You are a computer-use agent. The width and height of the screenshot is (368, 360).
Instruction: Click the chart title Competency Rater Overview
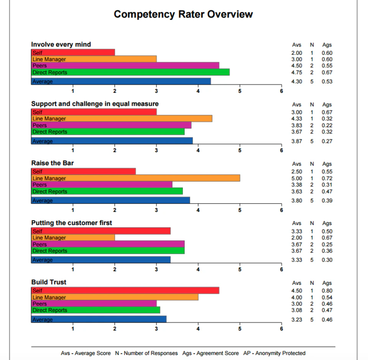pos(183,14)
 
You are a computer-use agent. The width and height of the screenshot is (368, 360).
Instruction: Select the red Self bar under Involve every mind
pos(73,53)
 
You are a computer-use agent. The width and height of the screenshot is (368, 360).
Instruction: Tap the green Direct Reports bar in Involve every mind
pos(130,72)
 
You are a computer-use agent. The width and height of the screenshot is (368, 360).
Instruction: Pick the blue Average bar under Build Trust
pos(99,319)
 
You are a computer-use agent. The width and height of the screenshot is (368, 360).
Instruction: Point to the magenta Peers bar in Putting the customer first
pos(108,244)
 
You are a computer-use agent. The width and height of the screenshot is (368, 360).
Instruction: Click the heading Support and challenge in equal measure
pos(95,104)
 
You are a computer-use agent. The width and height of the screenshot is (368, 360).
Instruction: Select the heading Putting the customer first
pos(72,223)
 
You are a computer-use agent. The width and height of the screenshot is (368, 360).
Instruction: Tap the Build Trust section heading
pos(49,282)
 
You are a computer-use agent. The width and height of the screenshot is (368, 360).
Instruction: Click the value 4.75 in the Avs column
pos(297,72)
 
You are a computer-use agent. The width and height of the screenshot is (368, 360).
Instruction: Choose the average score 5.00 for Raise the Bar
pos(297,178)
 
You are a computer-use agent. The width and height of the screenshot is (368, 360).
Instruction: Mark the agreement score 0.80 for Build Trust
pos(327,291)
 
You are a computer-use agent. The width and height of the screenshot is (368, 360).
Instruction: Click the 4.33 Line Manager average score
pos(297,118)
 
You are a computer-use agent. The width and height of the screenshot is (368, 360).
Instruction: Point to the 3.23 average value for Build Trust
pos(297,319)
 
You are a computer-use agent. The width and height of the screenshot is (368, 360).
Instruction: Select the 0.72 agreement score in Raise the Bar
pos(327,178)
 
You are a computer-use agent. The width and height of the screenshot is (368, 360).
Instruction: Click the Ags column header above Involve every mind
pos(327,45)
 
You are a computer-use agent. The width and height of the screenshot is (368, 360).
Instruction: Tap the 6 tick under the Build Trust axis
pos(281,329)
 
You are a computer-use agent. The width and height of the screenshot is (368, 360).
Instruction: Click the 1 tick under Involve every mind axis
pos(73,91)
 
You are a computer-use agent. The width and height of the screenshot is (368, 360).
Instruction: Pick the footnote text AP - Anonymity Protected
pos(274,353)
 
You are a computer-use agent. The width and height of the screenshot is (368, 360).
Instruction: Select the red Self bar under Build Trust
pos(125,291)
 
